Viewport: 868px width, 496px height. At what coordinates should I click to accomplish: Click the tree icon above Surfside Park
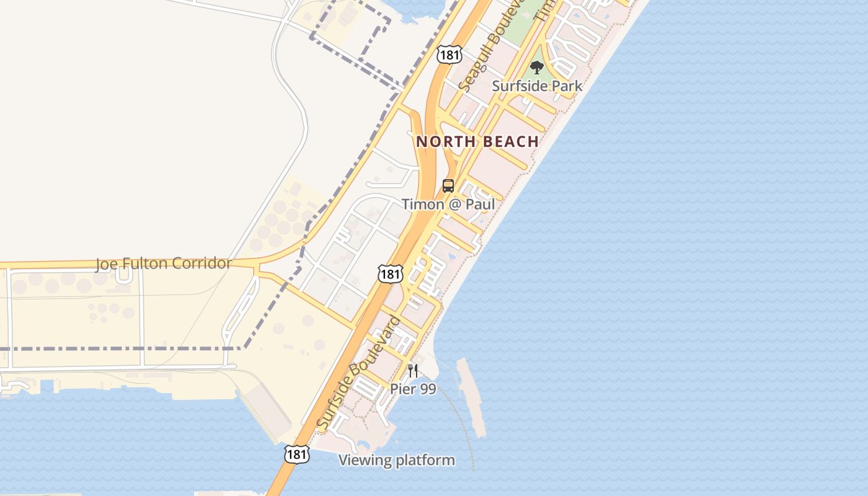click(536, 68)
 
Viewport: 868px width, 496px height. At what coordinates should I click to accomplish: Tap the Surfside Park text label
click(537, 86)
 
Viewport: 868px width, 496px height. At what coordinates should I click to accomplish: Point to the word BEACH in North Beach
click(511, 142)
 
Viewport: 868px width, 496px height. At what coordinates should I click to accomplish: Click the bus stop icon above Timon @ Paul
click(448, 185)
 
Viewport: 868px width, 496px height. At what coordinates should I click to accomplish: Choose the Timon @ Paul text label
click(448, 204)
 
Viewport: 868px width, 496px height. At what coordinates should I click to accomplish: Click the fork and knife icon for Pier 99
click(413, 371)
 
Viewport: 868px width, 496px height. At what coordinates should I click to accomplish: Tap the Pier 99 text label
click(413, 389)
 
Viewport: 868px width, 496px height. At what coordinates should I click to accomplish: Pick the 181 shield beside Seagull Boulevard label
click(449, 54)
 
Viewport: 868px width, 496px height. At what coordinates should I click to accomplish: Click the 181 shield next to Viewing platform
click(296, 454)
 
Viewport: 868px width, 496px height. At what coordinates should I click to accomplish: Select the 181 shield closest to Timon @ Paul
click(391, 273)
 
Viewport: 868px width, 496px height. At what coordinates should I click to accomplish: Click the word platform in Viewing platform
click(425, 461)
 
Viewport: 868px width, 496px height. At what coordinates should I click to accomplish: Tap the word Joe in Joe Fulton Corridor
click(105, 264)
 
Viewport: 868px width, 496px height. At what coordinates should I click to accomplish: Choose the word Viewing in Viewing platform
click(365, 461)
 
